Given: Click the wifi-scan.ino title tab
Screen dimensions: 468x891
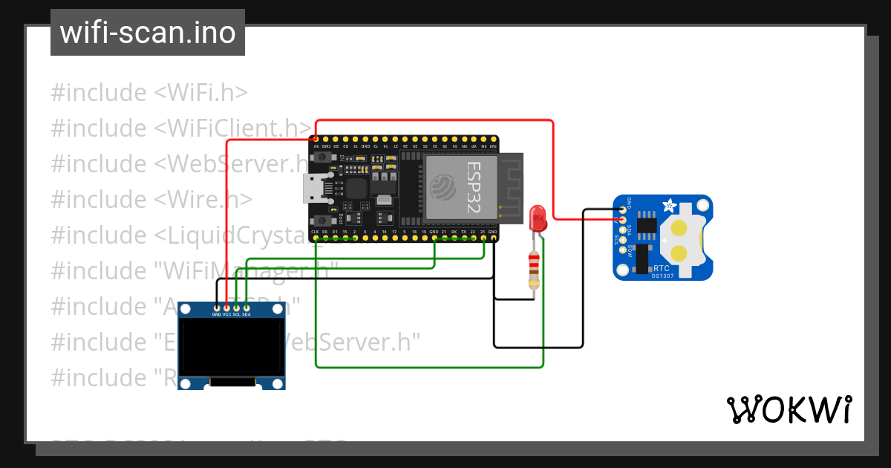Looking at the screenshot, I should click(x=147, y=33).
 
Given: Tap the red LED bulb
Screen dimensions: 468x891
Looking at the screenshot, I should click(x=538, y=218).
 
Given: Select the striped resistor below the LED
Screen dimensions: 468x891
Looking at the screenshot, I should click(x=533, y=269).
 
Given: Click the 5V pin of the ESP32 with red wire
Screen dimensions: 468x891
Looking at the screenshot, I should click(x=316, y=139).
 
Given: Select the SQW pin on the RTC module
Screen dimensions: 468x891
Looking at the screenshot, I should click(x=622, y=249).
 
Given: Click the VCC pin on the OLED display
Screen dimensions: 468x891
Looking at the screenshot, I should click(x=226, y=308).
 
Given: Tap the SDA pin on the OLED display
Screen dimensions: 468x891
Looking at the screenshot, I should click(x=246, y=308).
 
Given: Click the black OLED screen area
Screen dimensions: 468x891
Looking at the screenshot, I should click(x=232, y=347).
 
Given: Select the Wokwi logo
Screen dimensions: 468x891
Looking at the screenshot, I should click(x=789, y=409).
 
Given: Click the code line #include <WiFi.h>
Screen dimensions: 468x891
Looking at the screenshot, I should click(x=148, y=93).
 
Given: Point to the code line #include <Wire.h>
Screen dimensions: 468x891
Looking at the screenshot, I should click(x=151, y=200).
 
